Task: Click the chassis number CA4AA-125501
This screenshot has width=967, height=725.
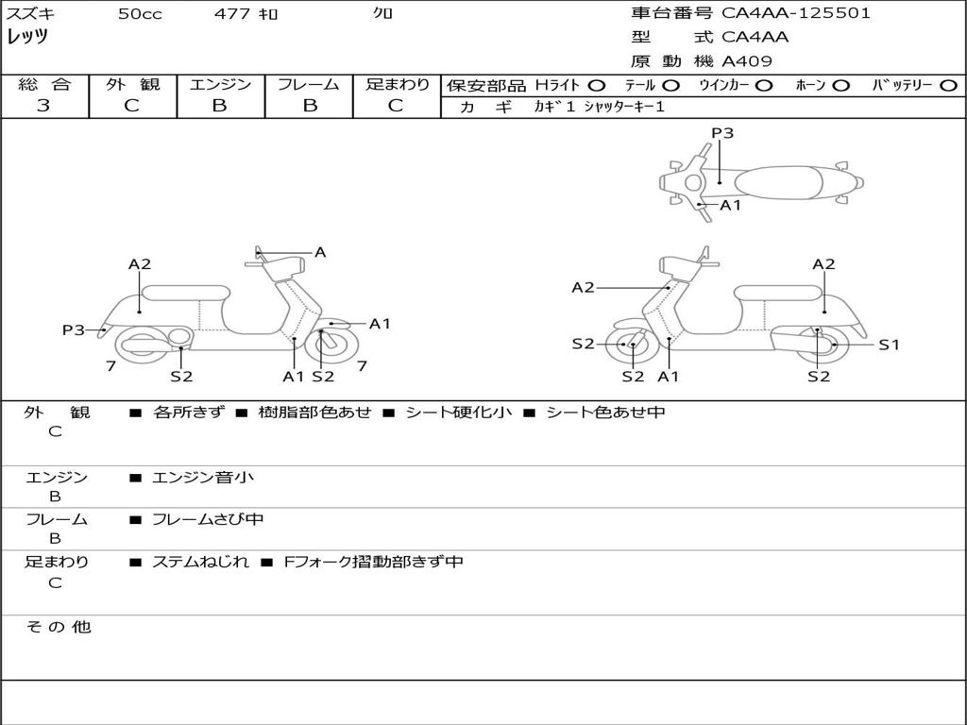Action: (796, 13)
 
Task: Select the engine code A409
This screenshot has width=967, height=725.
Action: (747, 61)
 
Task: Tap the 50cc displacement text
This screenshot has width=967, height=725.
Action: (140, 14)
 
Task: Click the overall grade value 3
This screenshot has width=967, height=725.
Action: (43, 106)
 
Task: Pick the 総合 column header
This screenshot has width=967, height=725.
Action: (44, 84)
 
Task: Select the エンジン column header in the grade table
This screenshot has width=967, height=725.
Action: (220, 84)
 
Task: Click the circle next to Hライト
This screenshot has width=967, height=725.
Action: (597, 85)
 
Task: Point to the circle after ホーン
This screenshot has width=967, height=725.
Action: (841, 85)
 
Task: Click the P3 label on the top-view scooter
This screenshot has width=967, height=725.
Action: (722, 133)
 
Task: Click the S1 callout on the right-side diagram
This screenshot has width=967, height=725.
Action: (889, 345)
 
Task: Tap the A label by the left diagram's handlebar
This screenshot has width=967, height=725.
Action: (320, 252)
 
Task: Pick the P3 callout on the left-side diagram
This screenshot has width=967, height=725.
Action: (74, 329)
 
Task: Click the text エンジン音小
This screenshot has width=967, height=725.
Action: (203, 478)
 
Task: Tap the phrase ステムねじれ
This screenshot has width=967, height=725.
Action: (200, 562)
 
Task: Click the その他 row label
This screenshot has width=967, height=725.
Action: (58, 627)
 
